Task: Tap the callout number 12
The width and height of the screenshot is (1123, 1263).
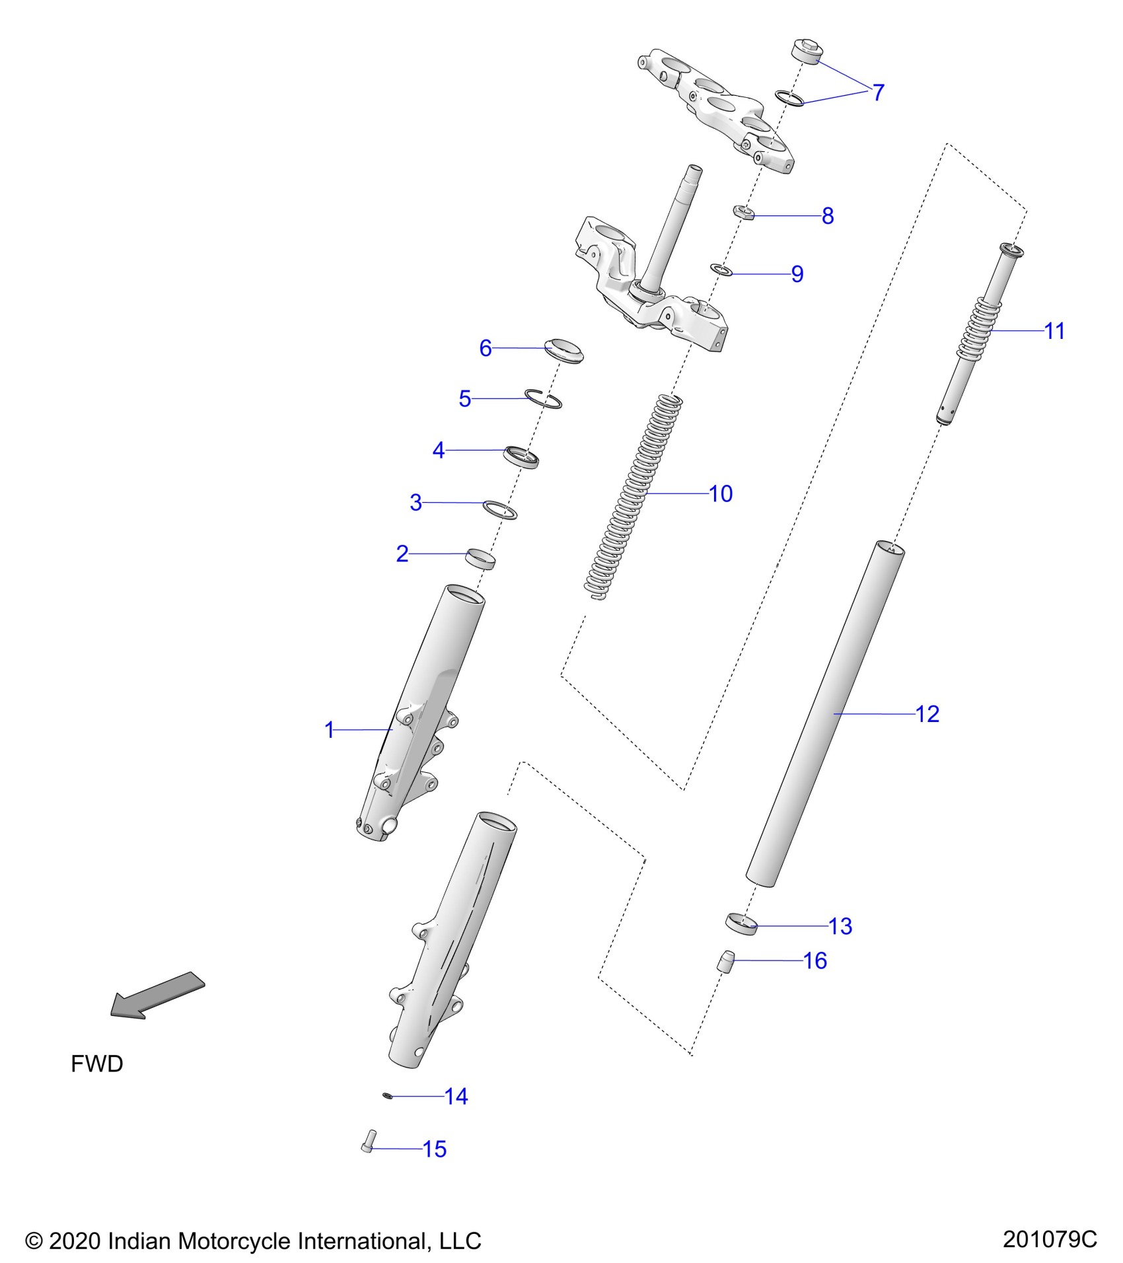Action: pos(927,714)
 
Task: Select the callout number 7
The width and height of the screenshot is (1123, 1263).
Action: pos(878,92)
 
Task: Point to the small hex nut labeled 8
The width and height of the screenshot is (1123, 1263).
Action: pos(744,213)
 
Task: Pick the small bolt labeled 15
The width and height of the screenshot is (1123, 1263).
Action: pos(368,1141)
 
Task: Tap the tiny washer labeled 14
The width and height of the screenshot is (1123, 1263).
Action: pos(388,1096)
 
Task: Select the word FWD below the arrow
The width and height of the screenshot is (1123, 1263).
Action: pos(97,1064)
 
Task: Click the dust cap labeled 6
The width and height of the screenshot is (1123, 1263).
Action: pos(564,350)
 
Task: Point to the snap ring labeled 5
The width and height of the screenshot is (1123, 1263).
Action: pos(544,398)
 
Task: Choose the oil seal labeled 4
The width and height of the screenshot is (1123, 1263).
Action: pos(521,456)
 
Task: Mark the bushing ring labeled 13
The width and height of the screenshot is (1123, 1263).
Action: pos(741,923)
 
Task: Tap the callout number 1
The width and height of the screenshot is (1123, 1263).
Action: pos(330,730)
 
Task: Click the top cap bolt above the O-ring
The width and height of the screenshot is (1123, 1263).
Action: pos(805,52)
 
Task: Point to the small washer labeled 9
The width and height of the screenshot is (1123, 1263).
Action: pos(721,270)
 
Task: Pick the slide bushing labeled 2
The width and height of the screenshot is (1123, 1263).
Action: pos(481,558)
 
